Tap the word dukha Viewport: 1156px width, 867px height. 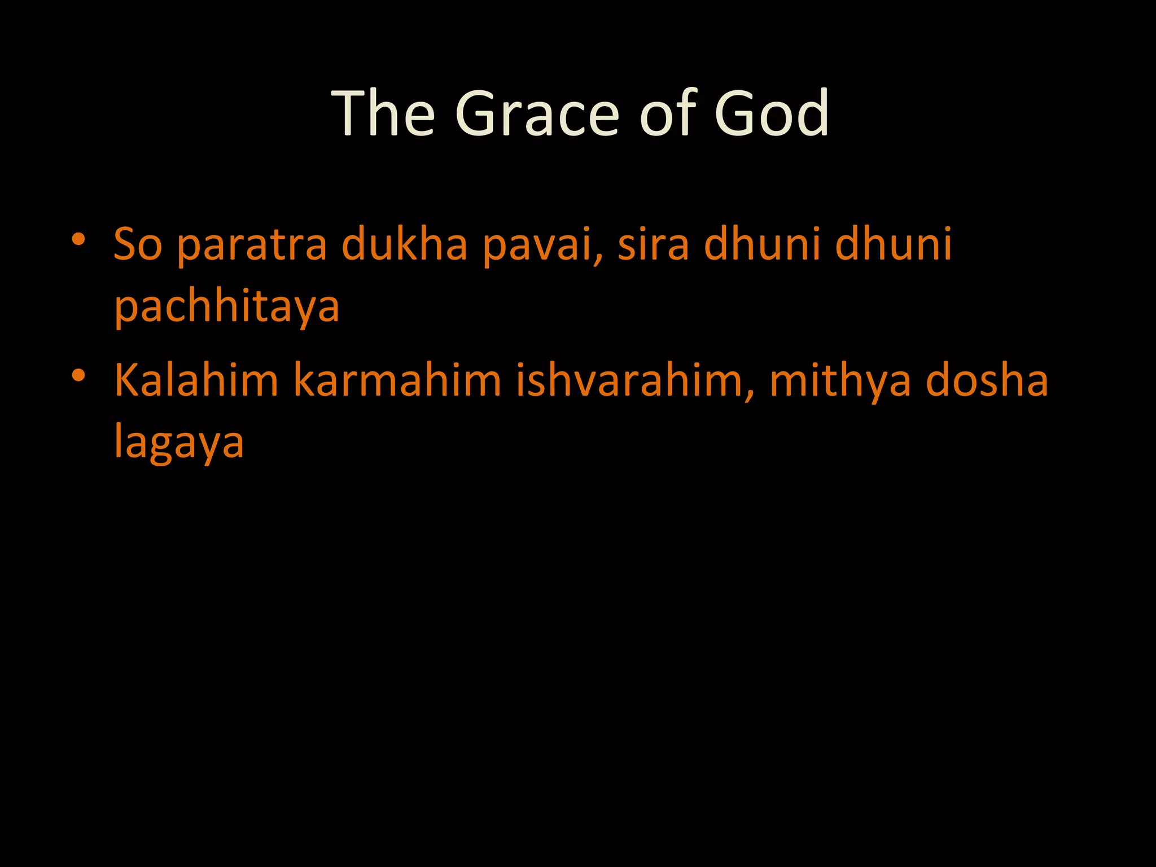405,244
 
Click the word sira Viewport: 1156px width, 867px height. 653,244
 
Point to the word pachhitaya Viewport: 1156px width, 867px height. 227,307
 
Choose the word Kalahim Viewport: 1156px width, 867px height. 196,380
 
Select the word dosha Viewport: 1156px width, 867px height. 987,380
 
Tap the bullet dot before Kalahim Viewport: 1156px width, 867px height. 78,375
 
